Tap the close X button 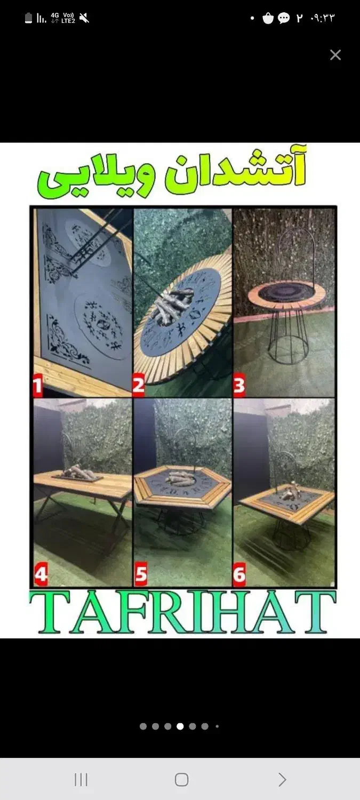coord(335,55)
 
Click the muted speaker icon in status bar coord(84,18)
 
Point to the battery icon coord(29,18)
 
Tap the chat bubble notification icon coord(284,18)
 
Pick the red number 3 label coord(239,386)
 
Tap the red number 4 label coord(41,574)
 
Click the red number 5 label coord(141,574)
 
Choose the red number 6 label coord(239,574)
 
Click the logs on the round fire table coord(173,306)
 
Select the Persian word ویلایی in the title coord(97,176)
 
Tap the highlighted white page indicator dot coord(180,726)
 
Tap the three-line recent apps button coord(81,779)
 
